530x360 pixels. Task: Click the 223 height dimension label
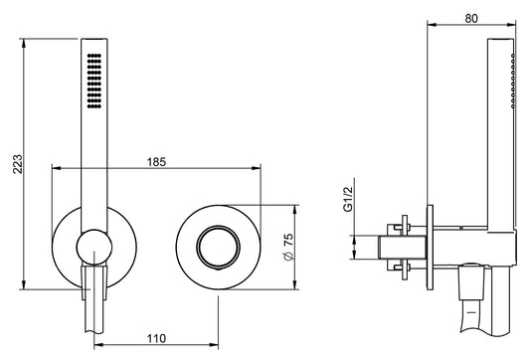[18, 164]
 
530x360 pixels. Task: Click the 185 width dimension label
[156, 162]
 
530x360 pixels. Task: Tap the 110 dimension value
[156, 338]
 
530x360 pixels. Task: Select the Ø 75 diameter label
[289, 247]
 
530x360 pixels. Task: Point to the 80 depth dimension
[471, 19]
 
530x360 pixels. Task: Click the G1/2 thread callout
[348, 200]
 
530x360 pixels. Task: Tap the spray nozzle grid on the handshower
[94, 81]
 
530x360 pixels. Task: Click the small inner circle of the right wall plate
[219, 247]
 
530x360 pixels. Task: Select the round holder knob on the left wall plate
[93, 247]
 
